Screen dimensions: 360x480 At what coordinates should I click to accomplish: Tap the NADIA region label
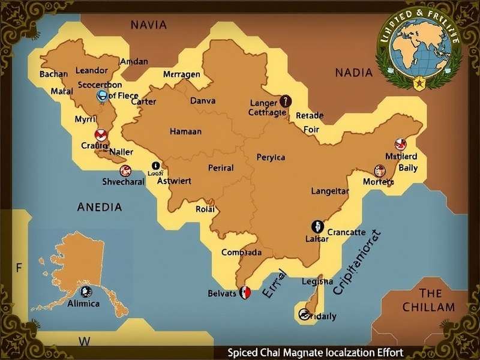353,73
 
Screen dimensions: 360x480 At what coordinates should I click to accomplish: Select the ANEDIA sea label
100,207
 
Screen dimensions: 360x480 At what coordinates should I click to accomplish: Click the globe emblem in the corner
418,53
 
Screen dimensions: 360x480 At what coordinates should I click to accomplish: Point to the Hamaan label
185,131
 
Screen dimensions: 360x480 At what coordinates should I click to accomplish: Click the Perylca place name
271,157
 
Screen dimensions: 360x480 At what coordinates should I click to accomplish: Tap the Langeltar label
329,191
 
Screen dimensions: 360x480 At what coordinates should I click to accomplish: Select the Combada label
241,253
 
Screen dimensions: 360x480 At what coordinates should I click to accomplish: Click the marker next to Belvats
244,293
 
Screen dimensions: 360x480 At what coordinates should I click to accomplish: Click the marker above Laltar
317,226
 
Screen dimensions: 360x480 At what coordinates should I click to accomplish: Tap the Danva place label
202,101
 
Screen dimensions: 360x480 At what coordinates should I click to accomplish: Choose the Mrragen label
181,74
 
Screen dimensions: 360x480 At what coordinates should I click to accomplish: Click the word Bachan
54,74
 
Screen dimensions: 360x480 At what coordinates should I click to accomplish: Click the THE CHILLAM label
430,300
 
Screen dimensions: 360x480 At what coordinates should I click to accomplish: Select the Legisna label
317,281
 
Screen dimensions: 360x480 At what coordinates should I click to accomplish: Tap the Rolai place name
205,209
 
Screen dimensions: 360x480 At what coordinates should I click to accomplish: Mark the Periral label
220,168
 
